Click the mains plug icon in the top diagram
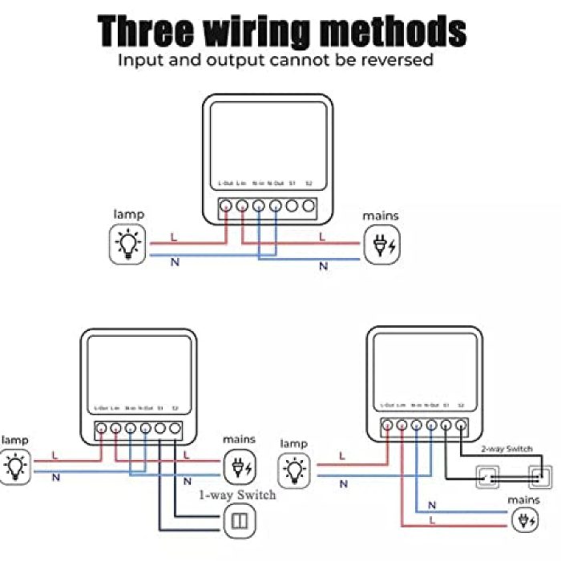pos(380,244)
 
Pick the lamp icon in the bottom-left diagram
pos(15,467)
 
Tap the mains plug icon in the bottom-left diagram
pos(240,467)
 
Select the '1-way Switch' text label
pos(237,494)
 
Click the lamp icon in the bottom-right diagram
pos(296,467)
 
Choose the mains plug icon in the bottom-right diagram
pos(526,521)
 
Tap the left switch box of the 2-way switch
pos(488,478)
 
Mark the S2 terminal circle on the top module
pos(309,206)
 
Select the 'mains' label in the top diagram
pos(380,216)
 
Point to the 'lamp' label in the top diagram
pos(128,214)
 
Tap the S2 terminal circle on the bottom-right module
pos(462,426)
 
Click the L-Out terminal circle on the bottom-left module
pos(102,429)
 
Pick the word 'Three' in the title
pos(146,30)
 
